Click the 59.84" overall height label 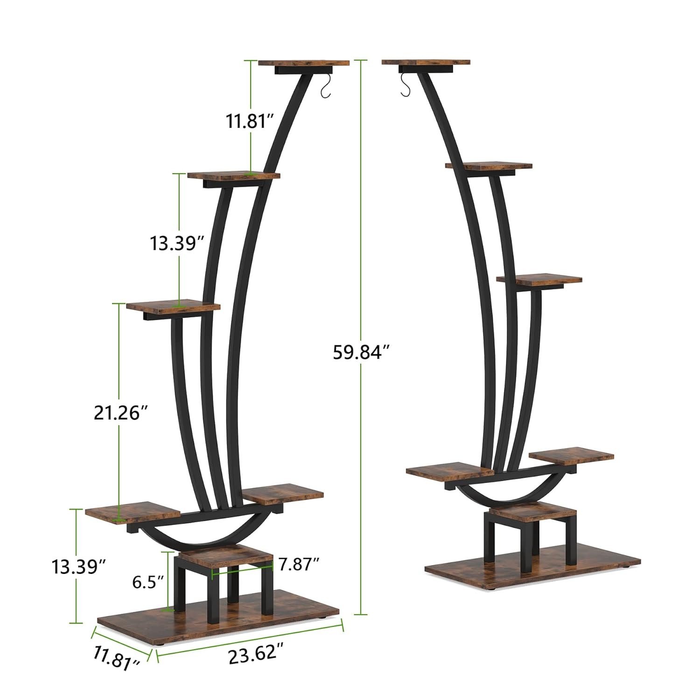coord(361,352)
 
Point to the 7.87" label coord(299,564)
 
